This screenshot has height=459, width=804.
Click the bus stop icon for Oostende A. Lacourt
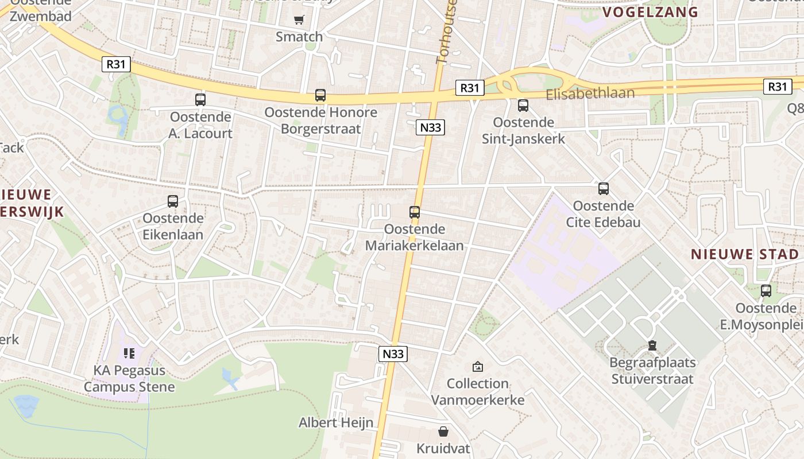pyautogui.click(x=200, y=100)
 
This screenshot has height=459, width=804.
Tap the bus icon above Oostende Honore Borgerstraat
pyautogui.click(x=320, y=95)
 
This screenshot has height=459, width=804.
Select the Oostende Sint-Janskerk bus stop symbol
pyautogui.click(x=523, y=106)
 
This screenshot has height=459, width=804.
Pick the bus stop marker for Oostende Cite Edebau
pyautogui.click(x=603, y=189)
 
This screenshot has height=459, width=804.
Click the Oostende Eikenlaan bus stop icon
pyautogui.click(x=173, y=201)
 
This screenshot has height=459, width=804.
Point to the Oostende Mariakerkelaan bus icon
pyautogui.click(x=415, y=212)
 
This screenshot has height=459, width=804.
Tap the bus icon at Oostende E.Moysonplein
pyautogui.click(x=766, y=291)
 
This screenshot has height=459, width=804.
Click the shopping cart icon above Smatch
pyautogui.click(x=299, y=20)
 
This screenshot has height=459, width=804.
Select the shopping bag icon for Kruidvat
pyautogui.click(x=443, y=431)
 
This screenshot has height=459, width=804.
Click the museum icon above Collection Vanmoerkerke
pyautogui.click(x=477, y=366)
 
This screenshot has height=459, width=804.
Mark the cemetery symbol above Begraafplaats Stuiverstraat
pyautogui.click(x=652, y=345)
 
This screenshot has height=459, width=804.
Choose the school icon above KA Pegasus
pyautogui.click(x=129, y=353)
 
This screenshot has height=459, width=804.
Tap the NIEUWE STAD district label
pyautogui.click(x=744, y=254)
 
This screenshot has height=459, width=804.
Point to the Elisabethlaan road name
pyautogui.click(x=590, y=94)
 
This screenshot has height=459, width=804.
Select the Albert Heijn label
pyautogui.click(x=336, y=423)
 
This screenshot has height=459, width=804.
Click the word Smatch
pyautogui.click(x=299, y=37)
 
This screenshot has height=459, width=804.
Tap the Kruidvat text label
pyautogui.click(x=443, y=448)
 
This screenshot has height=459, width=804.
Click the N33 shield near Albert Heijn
pyautogui.click(x=393, y=354)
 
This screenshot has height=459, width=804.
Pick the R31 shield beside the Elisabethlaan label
pyautogui.click(x=470, y=88)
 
